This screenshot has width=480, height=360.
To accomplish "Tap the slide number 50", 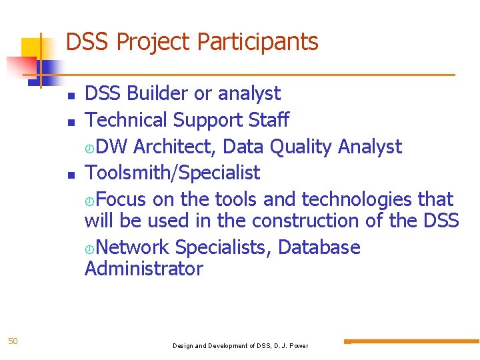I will tap(13, 341).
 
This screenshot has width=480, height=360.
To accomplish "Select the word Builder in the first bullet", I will tap(157, 94).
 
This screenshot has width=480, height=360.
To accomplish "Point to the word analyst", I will tap(248, 94).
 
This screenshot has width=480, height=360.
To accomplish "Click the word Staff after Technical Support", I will tap(268, 120).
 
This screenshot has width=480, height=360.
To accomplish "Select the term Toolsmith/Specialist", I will tap(172, 173).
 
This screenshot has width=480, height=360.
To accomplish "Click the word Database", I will tap(319, 247).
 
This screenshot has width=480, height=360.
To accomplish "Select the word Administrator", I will tap(143, 269).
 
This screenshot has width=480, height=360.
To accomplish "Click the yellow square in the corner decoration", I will tap(31, 48).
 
